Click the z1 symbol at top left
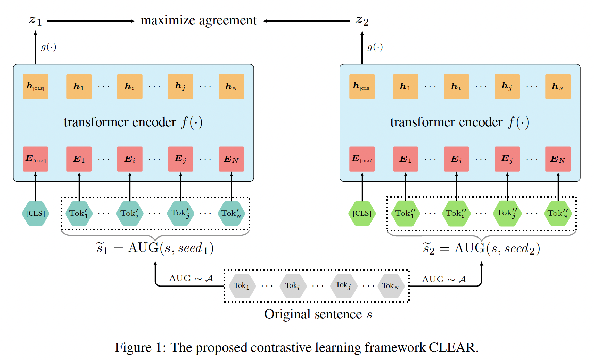[x=35, y=20]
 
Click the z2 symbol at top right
[x=362, y=20]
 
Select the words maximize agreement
[x=199, y=20]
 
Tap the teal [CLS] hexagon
[x=35, y=213]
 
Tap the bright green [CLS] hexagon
[x=362, y=213]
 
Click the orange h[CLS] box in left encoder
[x=35, y=86]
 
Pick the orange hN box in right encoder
[x=558, y=86]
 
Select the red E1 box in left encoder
[x=79, y=159]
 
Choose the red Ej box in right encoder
[x=507, y=159]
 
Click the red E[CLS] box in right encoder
[x=362, y=159]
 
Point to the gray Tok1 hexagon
[x=242, y=286]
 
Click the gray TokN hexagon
[x=391, y=286]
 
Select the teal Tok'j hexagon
[x=180, y=213]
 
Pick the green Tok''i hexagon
[x=456, y=213]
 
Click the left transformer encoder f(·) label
[x=133, y=122]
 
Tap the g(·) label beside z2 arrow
[x=375, y=47]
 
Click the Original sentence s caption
[x=318, y=314]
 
